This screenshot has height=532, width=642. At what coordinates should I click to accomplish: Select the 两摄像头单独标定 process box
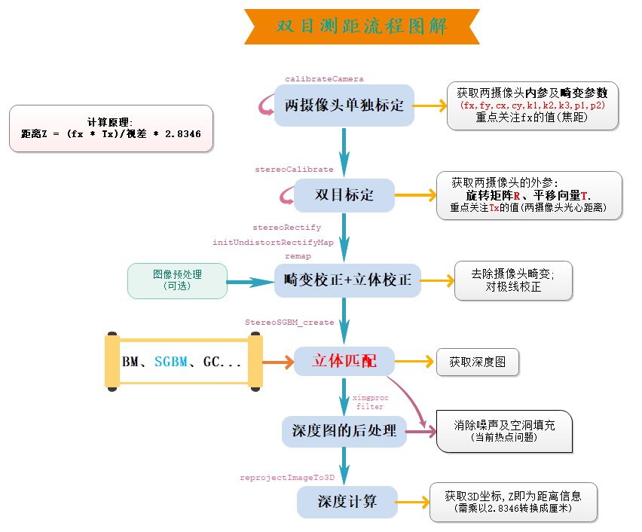[344, 105]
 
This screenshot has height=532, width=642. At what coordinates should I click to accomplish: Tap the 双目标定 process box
[344, 195]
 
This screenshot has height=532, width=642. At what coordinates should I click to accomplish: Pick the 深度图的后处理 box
[344, 431]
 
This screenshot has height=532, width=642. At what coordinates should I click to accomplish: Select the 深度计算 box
[347, 501]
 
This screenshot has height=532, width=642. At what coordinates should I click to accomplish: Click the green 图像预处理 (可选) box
[178, 280]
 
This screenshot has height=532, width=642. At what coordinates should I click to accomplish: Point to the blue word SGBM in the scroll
[171, 362]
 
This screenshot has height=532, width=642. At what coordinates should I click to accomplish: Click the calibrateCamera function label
[324, 78]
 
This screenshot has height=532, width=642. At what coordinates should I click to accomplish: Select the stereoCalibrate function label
[294, 170]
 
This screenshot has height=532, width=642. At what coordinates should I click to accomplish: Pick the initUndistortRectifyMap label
[273, 242]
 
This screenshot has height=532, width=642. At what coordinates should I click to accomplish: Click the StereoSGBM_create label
[289, 322]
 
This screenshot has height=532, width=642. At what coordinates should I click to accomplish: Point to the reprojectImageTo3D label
[286, 478]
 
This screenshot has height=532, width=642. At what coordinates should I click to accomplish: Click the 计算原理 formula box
[111, 128]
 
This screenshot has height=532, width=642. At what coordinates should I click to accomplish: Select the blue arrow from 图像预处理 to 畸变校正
[250, 281]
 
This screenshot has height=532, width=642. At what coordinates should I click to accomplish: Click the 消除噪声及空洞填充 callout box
[504, 430]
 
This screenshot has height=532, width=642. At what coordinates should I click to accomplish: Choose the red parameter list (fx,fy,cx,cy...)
[532, 105]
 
